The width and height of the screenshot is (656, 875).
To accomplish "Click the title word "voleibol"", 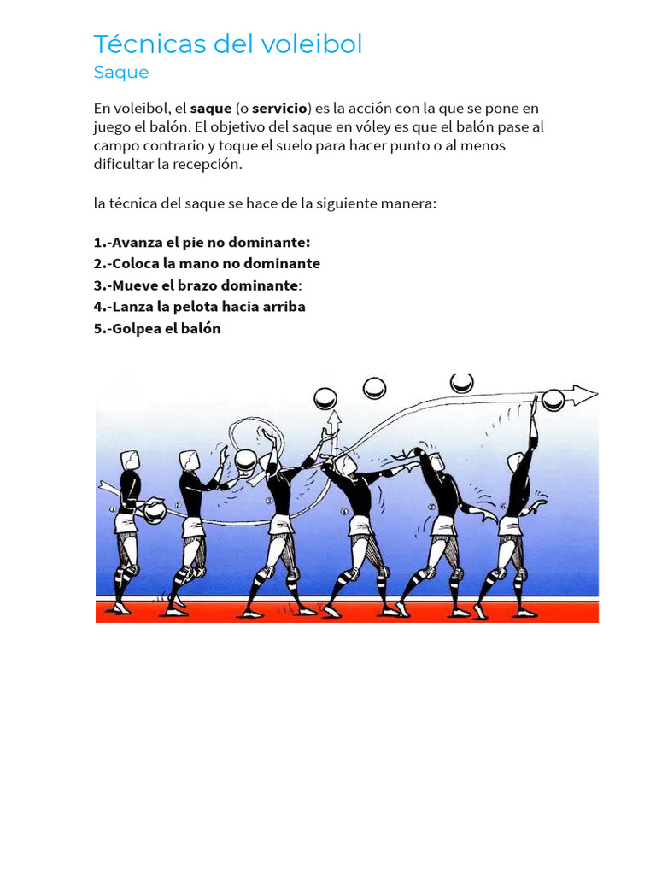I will (312, 44).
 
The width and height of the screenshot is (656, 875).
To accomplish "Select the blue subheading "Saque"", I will (121, 73).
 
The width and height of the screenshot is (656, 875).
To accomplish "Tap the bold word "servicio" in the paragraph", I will (279, 109).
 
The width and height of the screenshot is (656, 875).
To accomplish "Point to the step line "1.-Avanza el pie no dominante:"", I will (202, 242).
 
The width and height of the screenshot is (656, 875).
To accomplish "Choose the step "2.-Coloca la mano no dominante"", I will (207, 263).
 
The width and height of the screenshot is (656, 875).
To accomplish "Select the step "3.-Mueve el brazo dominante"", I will (196, 285).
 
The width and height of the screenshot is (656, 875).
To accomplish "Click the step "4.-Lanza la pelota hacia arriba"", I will (199, 306).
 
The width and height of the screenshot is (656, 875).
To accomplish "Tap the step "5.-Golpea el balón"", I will (157, 328).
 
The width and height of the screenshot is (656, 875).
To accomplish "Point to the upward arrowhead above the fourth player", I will (332, 417).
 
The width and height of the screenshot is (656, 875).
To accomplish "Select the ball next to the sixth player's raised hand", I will (553, 399).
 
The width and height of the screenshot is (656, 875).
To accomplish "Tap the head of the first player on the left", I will (130, 461).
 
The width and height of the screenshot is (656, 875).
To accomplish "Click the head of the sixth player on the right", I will (516, 462).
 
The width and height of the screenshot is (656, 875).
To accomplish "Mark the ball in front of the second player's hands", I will (245, 462).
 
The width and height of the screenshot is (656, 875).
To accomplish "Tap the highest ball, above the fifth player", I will (462, 383).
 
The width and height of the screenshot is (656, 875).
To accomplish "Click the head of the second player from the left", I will (189, 461).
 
